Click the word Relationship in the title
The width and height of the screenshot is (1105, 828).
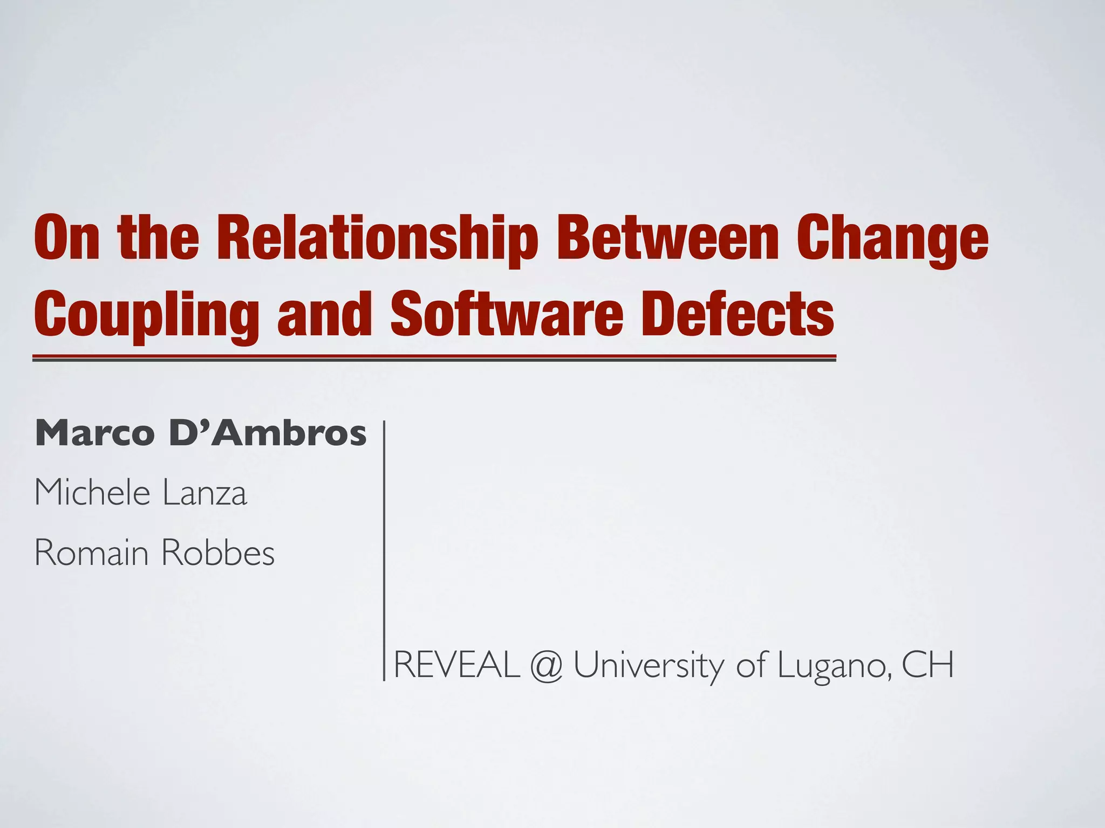[377, 238]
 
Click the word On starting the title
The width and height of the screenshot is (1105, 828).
[67, 238]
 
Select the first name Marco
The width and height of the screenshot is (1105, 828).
[95, 433]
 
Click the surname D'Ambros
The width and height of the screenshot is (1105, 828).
[268, 433]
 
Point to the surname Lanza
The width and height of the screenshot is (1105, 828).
[205, 493]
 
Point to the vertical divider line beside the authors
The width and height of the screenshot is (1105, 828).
[384, 550]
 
